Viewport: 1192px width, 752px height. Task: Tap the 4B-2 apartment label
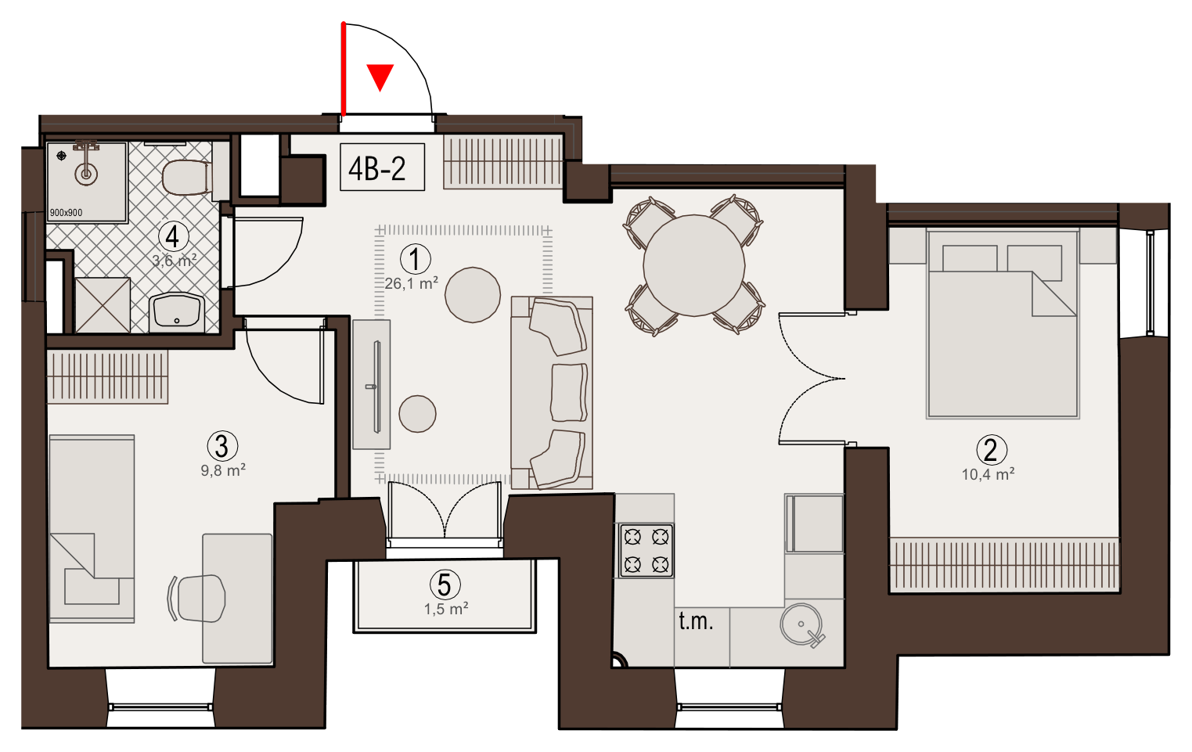point(377,168)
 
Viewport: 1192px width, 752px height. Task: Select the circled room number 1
point(415,259)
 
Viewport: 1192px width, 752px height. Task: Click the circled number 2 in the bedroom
point(992,450)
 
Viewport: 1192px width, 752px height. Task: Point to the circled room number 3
point(222,446)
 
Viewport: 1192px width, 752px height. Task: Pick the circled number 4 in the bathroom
point(173,237)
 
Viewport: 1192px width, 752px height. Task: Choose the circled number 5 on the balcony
point(445,585)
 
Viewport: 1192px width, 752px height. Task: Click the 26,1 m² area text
point(412,283)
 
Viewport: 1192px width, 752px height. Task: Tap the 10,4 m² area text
point(988,473)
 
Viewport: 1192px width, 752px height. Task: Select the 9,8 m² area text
point(223,470)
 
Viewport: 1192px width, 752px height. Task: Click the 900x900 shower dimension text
point(66,212)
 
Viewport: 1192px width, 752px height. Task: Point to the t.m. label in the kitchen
point(696,621)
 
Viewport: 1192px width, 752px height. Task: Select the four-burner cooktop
point(646,551)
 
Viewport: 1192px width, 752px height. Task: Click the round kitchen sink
point(801,624)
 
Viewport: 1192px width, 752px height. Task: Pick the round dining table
point(694,265)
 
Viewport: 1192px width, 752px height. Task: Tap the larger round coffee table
point(473,295)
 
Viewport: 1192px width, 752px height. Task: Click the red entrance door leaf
point(344,69)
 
